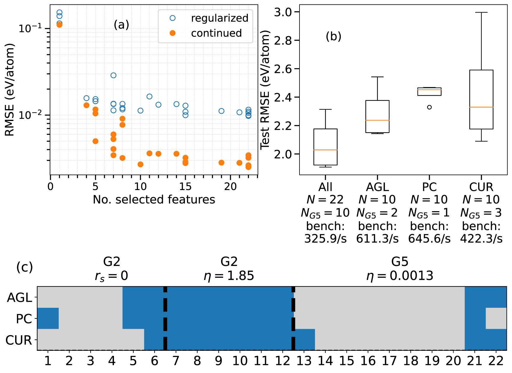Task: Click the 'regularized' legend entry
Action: click(219, 18)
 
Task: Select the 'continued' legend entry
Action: click(216, 33)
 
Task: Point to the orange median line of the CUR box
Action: click(481, 107)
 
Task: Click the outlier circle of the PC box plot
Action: click(429, 107)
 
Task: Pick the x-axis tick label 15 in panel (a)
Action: click(185, 187)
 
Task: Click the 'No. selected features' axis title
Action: click(154, 200)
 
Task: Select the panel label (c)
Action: click(25, 267)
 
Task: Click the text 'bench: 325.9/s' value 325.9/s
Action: click(325, 239)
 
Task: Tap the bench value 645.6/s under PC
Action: click(429, 239)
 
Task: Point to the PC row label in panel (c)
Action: click(24, 319)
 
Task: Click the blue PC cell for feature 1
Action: click(48, 318)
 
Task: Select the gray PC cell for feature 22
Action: click(496, 318)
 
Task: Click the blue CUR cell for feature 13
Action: click(305, 339)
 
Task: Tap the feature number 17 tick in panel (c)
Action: click(389, 361)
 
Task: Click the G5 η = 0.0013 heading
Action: click(400, 269)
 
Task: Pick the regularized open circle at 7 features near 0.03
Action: click(113, 75)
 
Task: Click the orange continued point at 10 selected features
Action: click(140, 164)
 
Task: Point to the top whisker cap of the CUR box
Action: click(481, 12)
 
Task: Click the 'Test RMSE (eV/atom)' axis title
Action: click(265, 90)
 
